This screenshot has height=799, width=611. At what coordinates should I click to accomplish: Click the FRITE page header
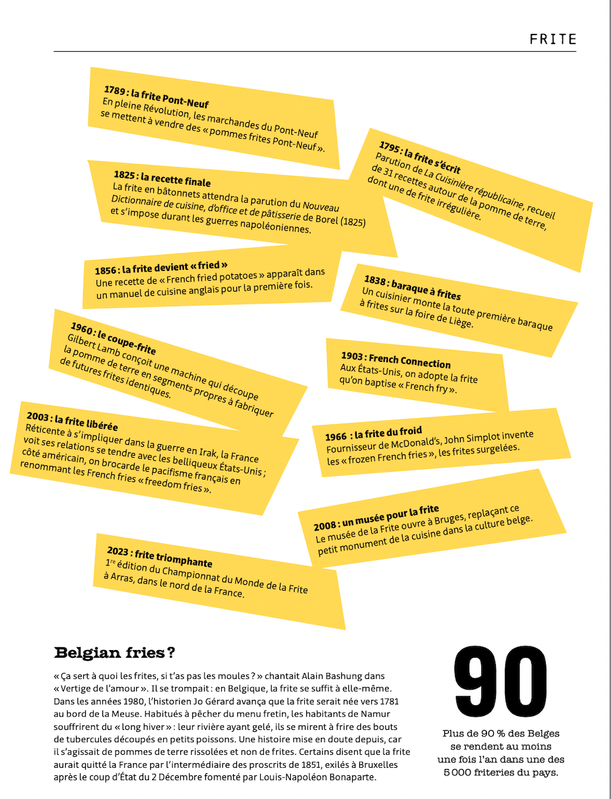pos(553,39)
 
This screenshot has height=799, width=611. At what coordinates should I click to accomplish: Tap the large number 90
pos(500,682)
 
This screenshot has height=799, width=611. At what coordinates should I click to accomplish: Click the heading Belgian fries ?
pos(114,653)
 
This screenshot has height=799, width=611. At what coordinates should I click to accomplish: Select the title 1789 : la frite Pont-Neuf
pos(156,97)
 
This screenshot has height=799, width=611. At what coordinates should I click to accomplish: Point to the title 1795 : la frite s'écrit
pos(419,157)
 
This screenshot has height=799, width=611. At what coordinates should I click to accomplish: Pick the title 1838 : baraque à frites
pos(412,288)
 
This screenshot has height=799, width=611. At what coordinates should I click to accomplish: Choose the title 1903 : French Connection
pos(396,360)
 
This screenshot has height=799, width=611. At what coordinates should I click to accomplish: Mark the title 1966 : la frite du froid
pos(373,434)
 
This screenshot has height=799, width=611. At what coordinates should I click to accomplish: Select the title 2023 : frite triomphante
pos(159,557)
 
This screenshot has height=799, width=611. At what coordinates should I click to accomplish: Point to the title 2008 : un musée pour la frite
pos(376,518)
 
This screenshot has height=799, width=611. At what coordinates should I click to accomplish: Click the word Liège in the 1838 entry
pos(460,321)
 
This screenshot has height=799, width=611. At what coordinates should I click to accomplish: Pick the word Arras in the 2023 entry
pos(120,577)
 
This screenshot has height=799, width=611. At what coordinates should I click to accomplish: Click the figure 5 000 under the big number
pos(457,772)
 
